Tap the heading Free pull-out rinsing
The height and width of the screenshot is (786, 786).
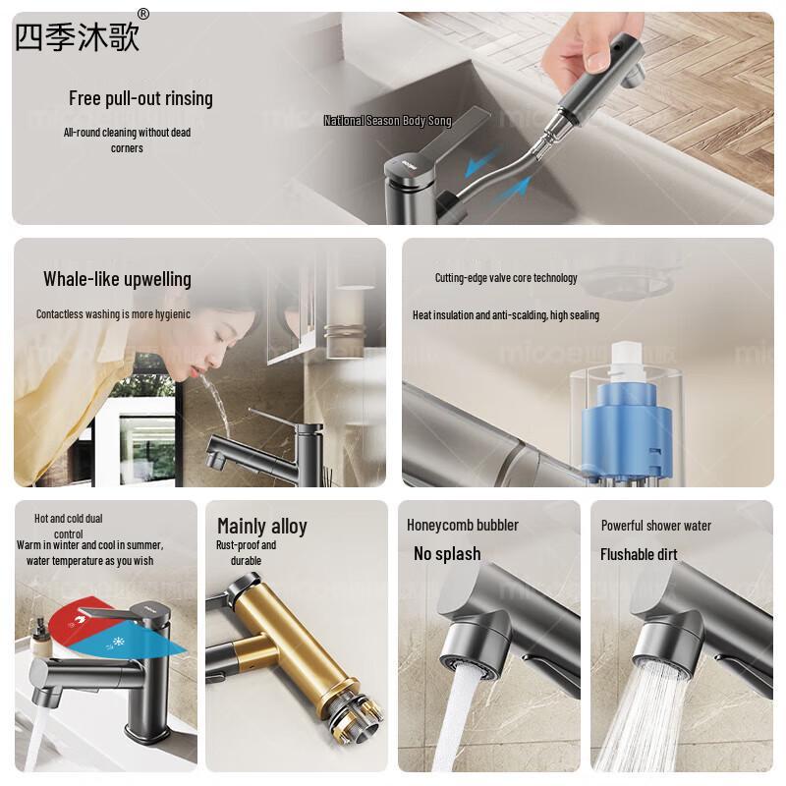[140, 98]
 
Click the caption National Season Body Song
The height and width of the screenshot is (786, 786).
[387, 121]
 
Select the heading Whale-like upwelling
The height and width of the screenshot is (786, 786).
[117, 279]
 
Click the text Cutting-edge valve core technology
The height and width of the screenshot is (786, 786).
[506, 278]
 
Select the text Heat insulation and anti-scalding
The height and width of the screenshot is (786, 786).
[505, 315]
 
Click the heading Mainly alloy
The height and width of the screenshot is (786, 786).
[261, 526]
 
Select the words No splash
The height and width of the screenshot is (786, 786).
[447, 554]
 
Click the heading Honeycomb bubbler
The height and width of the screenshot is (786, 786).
[463, 525]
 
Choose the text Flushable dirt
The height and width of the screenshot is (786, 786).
[639, 554]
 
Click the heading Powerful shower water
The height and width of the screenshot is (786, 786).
[656, 526]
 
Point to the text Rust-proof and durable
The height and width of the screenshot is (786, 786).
[246, 552]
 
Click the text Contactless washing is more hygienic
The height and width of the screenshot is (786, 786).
[113, 314]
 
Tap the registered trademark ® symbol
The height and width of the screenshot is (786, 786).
[143, 14]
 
